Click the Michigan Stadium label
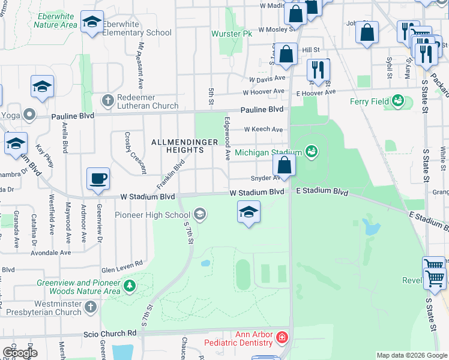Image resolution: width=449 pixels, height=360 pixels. pos(268,153)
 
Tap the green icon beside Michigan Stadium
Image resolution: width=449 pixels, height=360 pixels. pos(311,151)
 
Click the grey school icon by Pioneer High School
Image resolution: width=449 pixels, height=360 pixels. pos(199,214)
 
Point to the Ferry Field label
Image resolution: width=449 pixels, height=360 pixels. pos(369,101)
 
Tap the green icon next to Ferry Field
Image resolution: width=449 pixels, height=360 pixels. pos(397,101)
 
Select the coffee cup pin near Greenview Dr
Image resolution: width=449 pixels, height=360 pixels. pos(98,178)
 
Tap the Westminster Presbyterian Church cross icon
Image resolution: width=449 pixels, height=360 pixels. pos(90,308)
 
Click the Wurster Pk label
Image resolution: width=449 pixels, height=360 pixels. pos(232,34)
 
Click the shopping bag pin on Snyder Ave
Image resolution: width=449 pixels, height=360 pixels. pos(284,164)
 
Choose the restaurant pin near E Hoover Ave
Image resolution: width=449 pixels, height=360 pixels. pos(318,69)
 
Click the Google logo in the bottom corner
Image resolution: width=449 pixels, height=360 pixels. pos(20,352)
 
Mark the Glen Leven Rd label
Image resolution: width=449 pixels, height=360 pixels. pos(122,263)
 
